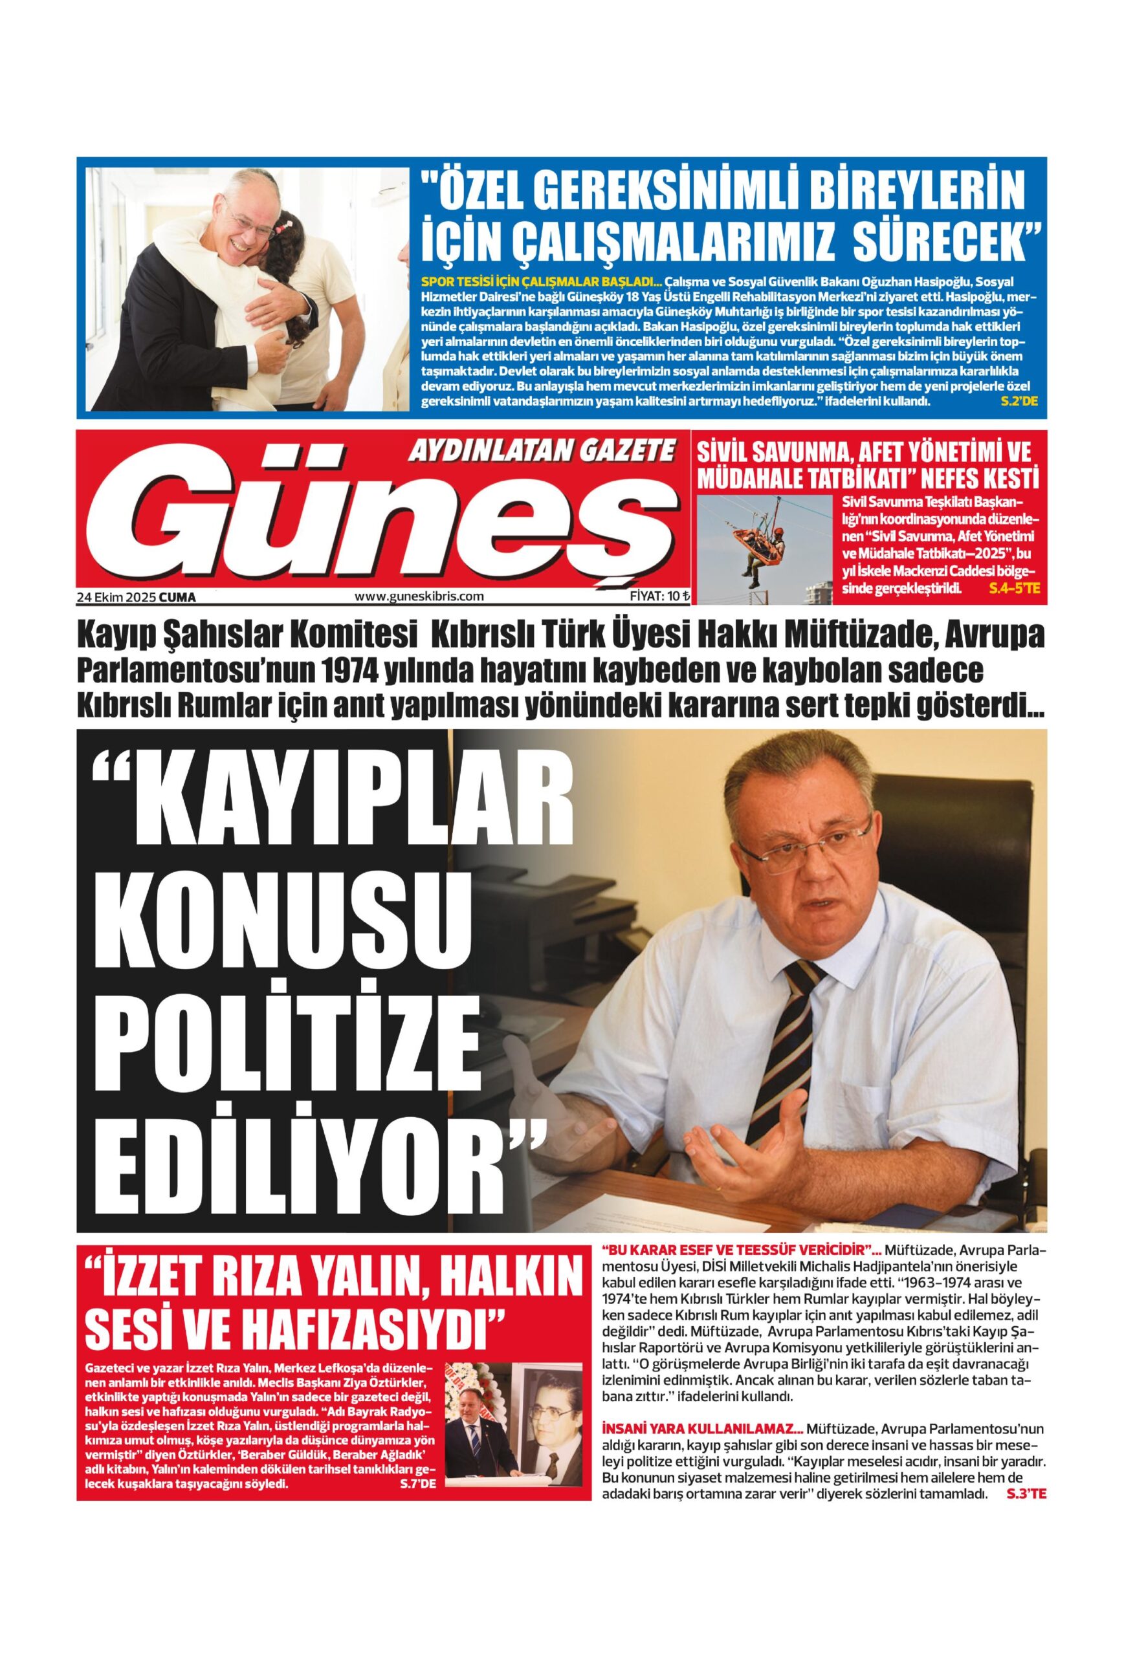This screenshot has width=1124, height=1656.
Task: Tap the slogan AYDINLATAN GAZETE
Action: (x=540, y=450)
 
